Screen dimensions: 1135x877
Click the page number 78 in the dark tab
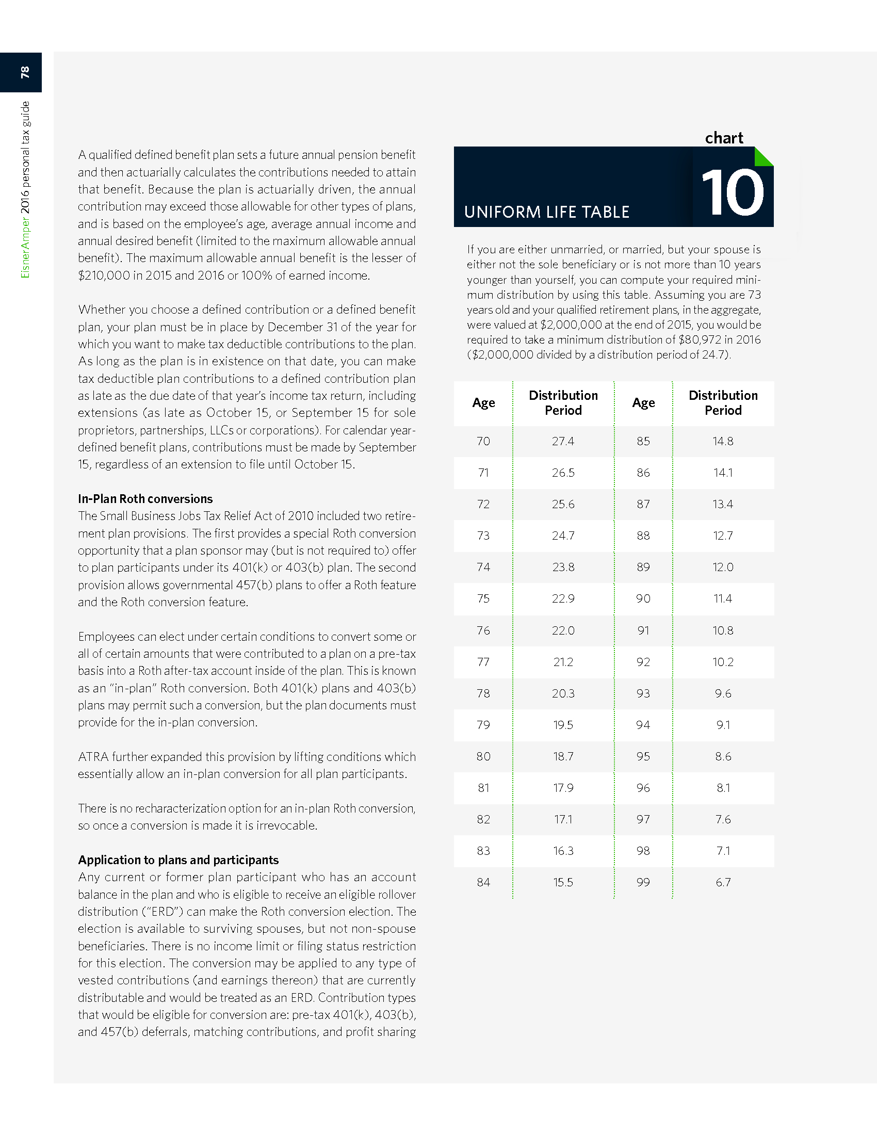(24, 72)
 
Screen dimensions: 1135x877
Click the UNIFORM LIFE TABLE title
(546, 212)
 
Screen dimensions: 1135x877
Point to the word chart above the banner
(724, 138)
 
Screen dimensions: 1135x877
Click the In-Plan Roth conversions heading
(145, 499)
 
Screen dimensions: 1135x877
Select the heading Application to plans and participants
(178, 860)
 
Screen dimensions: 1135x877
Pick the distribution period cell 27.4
(563, 441)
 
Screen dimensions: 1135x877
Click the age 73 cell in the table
(483, 536)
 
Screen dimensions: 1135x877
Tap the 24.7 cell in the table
(563, 536)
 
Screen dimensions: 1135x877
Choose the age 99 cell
(643, 882)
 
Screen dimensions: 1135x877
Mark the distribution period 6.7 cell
(723, 882)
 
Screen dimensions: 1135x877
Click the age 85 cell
(643, 441)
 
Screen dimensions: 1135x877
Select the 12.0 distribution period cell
(723, 567)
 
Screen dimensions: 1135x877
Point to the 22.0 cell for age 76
(563, 630)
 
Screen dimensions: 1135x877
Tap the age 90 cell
(643, 598)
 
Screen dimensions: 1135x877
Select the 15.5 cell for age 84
(563, 882)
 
